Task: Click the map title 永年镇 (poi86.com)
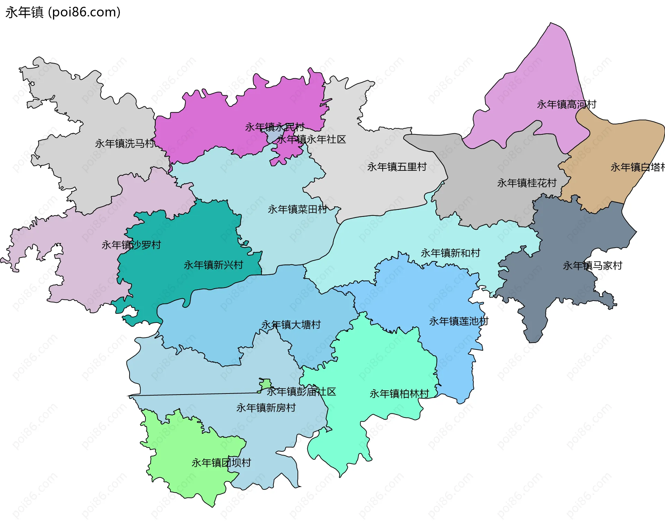coord(63,12)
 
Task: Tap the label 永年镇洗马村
coord(125,143)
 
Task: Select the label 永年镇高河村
coord(566,104)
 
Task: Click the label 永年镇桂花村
coord(526,183)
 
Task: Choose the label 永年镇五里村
coord(397,167)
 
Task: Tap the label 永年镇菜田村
coord(297,209)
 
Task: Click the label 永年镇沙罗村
coord(131,245)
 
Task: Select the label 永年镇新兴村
coord(213,265)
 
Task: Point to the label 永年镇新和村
coord(450,253)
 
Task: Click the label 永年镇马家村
coord(592,266)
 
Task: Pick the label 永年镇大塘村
coord(291,325)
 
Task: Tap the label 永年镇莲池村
coord(459,321)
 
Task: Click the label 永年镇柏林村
coord(399,394)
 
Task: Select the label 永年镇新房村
coord(266,408)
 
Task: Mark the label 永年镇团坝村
coord(221,463)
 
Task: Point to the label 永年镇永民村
coord(274,127)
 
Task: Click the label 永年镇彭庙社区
coord(301,392)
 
